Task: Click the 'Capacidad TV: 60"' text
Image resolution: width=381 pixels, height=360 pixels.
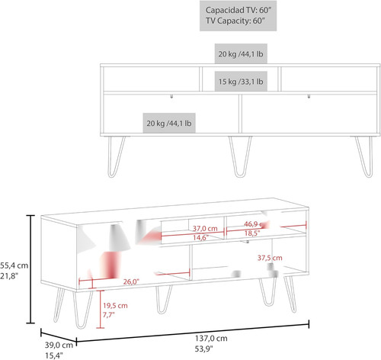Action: coord(239,10)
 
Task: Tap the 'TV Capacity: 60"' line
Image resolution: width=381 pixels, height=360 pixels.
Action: coord(235,21)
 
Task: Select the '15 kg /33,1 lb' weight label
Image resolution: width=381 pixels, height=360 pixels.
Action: coord(241,82)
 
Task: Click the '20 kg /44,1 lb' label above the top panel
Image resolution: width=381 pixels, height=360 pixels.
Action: coord(241,54)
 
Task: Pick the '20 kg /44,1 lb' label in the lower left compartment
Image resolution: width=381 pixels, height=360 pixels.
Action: coord(169,124)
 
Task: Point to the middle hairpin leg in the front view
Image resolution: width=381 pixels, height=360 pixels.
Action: coord(240,156)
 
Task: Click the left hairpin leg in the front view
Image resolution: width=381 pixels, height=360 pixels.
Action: coord(117,156)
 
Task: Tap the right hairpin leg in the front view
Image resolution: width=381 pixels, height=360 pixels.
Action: coord(363,156)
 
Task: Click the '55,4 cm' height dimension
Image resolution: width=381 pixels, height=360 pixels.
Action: coord(14,265)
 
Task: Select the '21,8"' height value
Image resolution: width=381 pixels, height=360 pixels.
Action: coord(9,276)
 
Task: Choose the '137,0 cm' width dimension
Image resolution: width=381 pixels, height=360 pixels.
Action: coord(211,339)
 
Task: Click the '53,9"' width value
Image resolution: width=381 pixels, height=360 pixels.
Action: coord(203,349)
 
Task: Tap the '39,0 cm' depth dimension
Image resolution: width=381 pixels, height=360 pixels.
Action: coord(59,345)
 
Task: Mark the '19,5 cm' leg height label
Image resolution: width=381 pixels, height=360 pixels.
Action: coord(115,305)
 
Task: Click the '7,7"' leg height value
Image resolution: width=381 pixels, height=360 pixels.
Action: coord(108,315)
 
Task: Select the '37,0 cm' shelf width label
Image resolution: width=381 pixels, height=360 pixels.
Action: coord(205,228)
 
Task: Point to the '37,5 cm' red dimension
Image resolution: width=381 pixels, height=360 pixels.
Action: coord(270,258)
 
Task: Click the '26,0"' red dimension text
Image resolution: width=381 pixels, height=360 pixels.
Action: coord(131,281)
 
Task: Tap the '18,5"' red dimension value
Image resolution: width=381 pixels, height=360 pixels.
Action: coord(252,233)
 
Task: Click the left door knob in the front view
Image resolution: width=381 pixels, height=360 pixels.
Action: coord(171,96)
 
